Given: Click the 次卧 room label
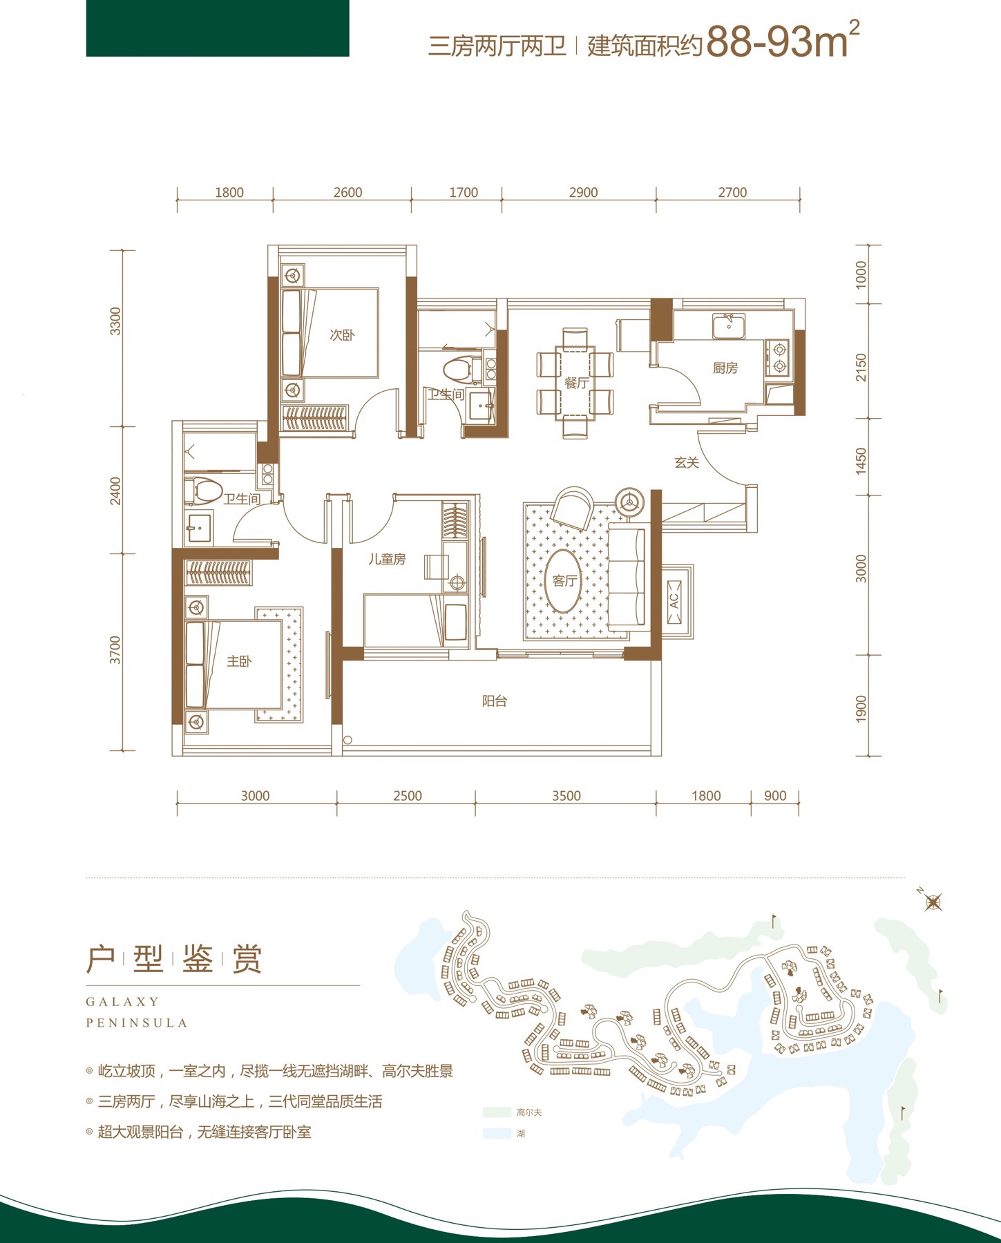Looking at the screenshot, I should click(342, 335).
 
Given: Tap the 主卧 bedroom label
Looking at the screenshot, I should click(239, 661).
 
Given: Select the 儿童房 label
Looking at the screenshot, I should click(386, 559).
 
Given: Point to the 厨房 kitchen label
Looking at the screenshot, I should click(725, 368).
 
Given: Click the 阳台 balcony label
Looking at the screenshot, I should click(495, 701).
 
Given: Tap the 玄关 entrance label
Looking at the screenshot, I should click(687, 463).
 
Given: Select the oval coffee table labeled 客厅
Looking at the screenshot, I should click(564, 581).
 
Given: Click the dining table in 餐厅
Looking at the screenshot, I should click(575, 383).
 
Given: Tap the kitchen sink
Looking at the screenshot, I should click(729, 326).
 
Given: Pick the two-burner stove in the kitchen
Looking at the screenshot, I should click(777, 359).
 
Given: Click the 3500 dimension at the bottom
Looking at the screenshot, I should click(566, 796).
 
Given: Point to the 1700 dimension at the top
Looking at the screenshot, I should click(464, 193).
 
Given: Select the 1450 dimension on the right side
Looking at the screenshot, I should click(861, 459).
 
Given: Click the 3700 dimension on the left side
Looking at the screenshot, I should click(115, 650).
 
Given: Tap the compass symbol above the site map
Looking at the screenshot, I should click(933, 902).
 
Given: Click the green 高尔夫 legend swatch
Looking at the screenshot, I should click(497, 1112).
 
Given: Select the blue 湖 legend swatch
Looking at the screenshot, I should click(497, 1134).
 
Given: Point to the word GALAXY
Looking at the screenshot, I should click(122, 1002).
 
